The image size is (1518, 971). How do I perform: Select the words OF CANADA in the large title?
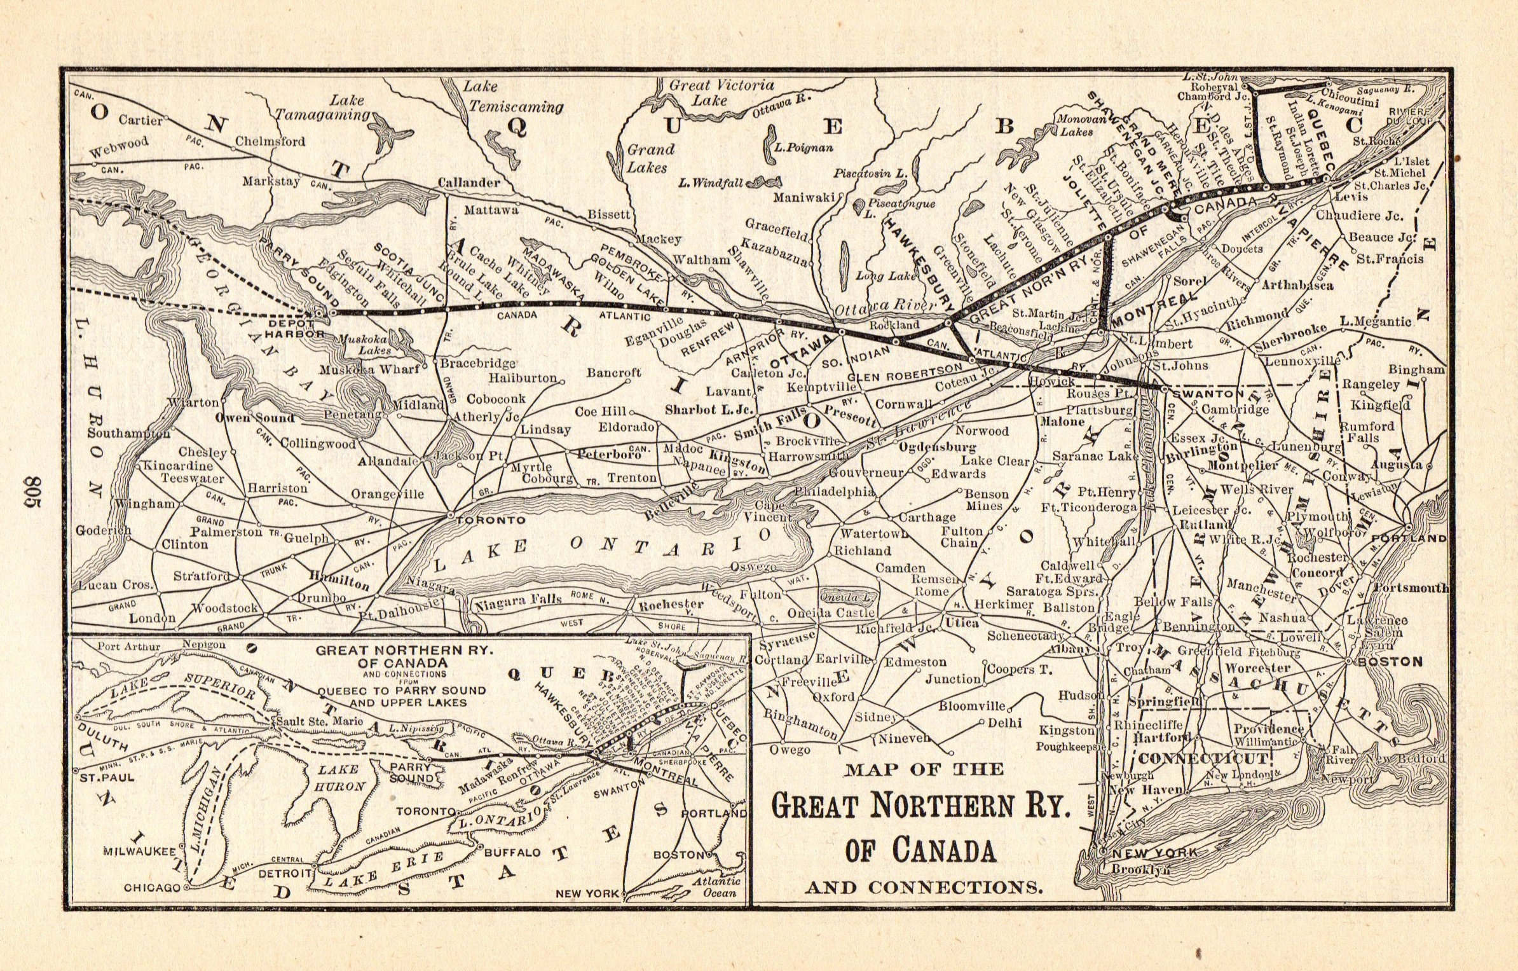tap(920, 850)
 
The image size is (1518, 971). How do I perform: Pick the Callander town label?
tap(468, 182)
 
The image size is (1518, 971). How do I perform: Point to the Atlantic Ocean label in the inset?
tap(716, 886)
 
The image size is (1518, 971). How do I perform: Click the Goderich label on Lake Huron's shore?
tap(103, 530)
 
